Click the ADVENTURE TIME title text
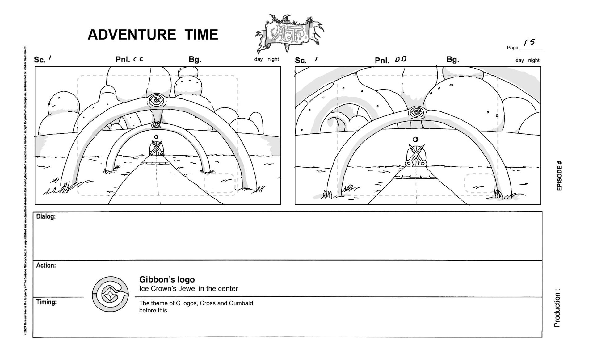(x=153, y=35)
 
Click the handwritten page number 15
(x=530, y=42)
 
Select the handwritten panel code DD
(x=401, y=59)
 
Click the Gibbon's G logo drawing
(x=110, y=294)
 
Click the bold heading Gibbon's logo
(x=167, y=279)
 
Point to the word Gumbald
(x=241, y=303)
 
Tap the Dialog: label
(x=46, y=216)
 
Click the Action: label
(x=46, y=265)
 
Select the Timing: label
(x=46, y=302)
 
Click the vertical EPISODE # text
(x=559, y=176)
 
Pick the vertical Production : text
(x=557, y=308)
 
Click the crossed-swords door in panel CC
(x=157, y=149)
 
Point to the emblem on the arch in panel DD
(x=417, y=112)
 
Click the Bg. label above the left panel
(x=195, y=59)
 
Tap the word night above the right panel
(x=533, y=60)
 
